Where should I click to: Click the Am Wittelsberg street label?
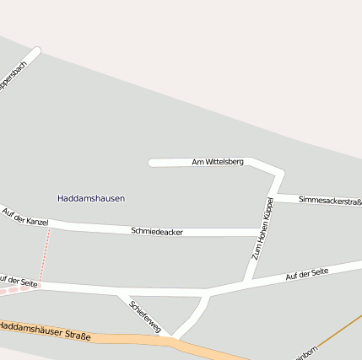(x=218, y=161)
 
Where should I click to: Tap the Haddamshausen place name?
(x=91, y=198)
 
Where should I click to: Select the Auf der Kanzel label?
(x=25, y=217)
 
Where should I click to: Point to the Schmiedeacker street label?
(x=157, y=231)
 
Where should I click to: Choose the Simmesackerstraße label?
(x=330, y=201)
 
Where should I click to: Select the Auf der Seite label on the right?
(x=306, y=275)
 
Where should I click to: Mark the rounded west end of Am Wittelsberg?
(x=153, y=163)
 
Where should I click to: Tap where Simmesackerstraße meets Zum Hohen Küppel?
(x=273, y=197)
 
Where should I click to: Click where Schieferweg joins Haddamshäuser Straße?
(x=172, y=337)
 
